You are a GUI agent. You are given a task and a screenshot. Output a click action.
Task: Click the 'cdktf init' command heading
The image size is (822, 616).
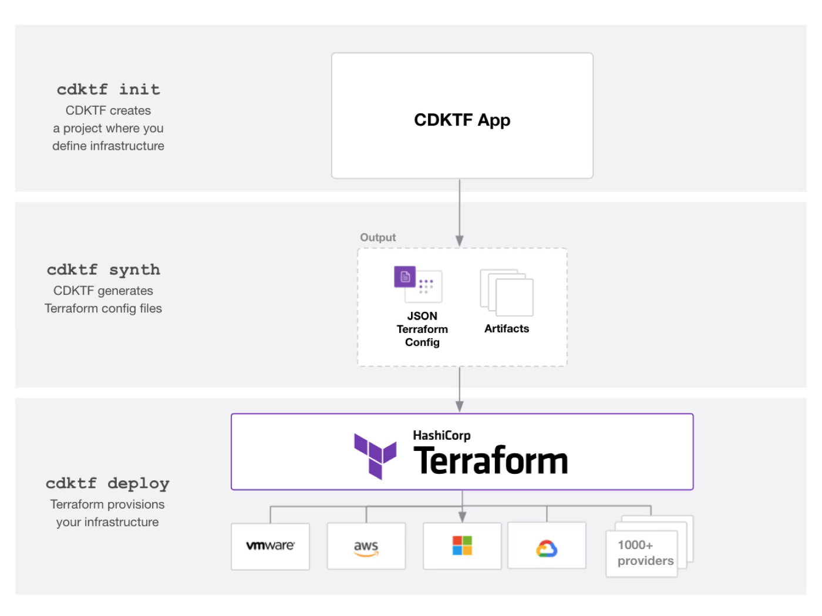[x=108, y=89]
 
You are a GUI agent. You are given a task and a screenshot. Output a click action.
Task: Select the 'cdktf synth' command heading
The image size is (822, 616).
[x=103, y=270]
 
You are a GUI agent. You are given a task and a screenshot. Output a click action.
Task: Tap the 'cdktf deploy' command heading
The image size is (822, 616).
[x=107, y=484]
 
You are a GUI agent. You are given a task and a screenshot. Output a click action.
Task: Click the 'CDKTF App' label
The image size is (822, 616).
[x=462, y=120]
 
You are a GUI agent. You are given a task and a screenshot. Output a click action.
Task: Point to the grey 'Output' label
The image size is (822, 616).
[x=378, y=237]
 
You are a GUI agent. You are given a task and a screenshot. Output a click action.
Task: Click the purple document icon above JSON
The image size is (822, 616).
[x=405, y=277]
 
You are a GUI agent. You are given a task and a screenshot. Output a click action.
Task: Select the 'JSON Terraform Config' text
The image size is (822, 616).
[x=422, y=329]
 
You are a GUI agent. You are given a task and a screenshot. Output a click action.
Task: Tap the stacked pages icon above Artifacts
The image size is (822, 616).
[x=507, y=293]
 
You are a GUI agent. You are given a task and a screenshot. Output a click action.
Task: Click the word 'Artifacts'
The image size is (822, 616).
[x=507, y=328]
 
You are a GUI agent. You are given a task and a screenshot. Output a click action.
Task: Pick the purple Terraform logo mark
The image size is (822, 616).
[x=375, y=456]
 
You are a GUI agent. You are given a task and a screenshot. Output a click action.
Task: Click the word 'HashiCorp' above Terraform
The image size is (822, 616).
[x=442, y=436]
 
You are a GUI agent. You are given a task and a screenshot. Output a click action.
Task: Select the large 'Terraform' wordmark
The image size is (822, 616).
[x=491, y=460]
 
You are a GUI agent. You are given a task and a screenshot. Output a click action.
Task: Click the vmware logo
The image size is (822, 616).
[x=271, y=546]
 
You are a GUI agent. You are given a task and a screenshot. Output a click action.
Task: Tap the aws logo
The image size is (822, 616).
[x=366, y=548]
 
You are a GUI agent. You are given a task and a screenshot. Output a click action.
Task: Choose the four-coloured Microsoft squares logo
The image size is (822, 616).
[x=462, y=545]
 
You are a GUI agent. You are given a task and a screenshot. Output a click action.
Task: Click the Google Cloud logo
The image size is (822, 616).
[x=547, y=548]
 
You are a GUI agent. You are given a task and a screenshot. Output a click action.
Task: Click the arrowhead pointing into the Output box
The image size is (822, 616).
[x=460, y=241]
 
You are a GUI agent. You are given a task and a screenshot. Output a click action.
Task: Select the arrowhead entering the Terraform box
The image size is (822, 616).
[x=460, y=407]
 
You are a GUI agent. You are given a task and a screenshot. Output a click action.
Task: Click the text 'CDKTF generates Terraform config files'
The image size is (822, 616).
[x=103, y=299]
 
